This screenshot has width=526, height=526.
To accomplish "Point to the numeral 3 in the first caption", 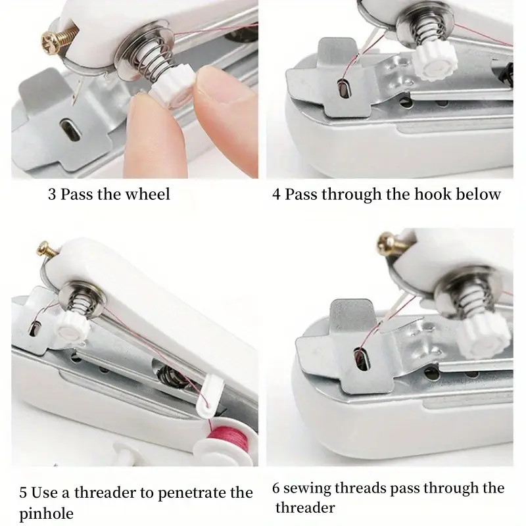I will click(x=52, y=194).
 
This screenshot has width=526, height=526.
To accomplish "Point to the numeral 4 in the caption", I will click(x=277, y=195).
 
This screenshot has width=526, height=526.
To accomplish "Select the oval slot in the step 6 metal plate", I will click(x=360, y=359).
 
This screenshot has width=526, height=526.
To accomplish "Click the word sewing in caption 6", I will click(x=309, y=488).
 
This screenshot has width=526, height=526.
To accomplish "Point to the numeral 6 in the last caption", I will click(x=277, y=488).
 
